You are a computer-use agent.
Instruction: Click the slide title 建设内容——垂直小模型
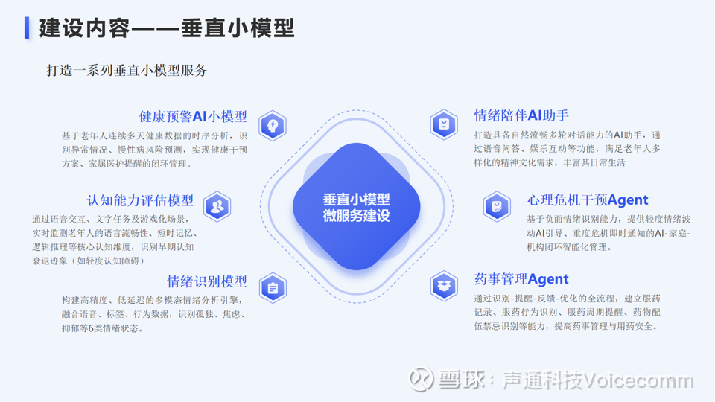click(167, 28)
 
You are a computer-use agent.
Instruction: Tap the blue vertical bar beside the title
click(27, 28)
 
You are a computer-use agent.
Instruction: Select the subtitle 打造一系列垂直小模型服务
click(127, 70)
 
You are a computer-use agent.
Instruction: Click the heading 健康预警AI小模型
click(193, 116)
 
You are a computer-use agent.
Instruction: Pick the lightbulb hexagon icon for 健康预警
click(273, 125)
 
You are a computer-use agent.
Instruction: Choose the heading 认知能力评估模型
click(140, 200)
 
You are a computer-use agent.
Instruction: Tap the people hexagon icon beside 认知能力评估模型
click(217, 206)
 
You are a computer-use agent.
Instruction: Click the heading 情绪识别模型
click(207, 281)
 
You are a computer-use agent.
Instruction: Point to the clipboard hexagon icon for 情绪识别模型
click(273, 288)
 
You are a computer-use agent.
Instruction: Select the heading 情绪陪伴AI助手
click(521, 115)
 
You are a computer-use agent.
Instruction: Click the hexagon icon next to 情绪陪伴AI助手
click(444, 124)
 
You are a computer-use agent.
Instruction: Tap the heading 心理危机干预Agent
click(588, 200)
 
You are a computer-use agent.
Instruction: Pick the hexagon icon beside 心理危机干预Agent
click(497, 206)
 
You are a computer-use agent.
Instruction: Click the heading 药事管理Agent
click(521, 278)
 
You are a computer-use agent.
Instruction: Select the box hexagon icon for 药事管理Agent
click(444, 286)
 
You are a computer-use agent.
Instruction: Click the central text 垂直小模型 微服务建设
click(357, 208)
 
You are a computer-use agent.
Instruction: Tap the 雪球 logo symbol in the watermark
click(420, 379)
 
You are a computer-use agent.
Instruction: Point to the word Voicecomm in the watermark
click(638, 380)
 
